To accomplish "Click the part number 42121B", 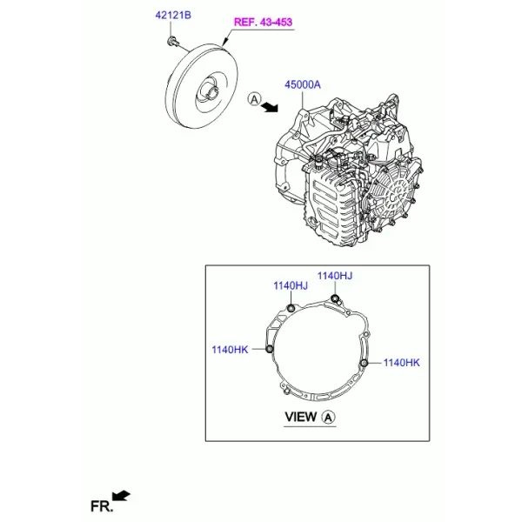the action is pos(173,16).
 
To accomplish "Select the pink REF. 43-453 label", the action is pos(263,23).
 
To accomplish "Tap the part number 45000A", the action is pos(302,84).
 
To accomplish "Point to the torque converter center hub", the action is pos(211,91).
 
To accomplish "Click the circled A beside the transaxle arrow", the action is pos(255,99).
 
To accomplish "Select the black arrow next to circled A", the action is pos(269,107).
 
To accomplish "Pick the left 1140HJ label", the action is pos(291,285).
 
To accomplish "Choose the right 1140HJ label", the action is pos(335,276).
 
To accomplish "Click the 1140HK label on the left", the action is pos(230,350).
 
